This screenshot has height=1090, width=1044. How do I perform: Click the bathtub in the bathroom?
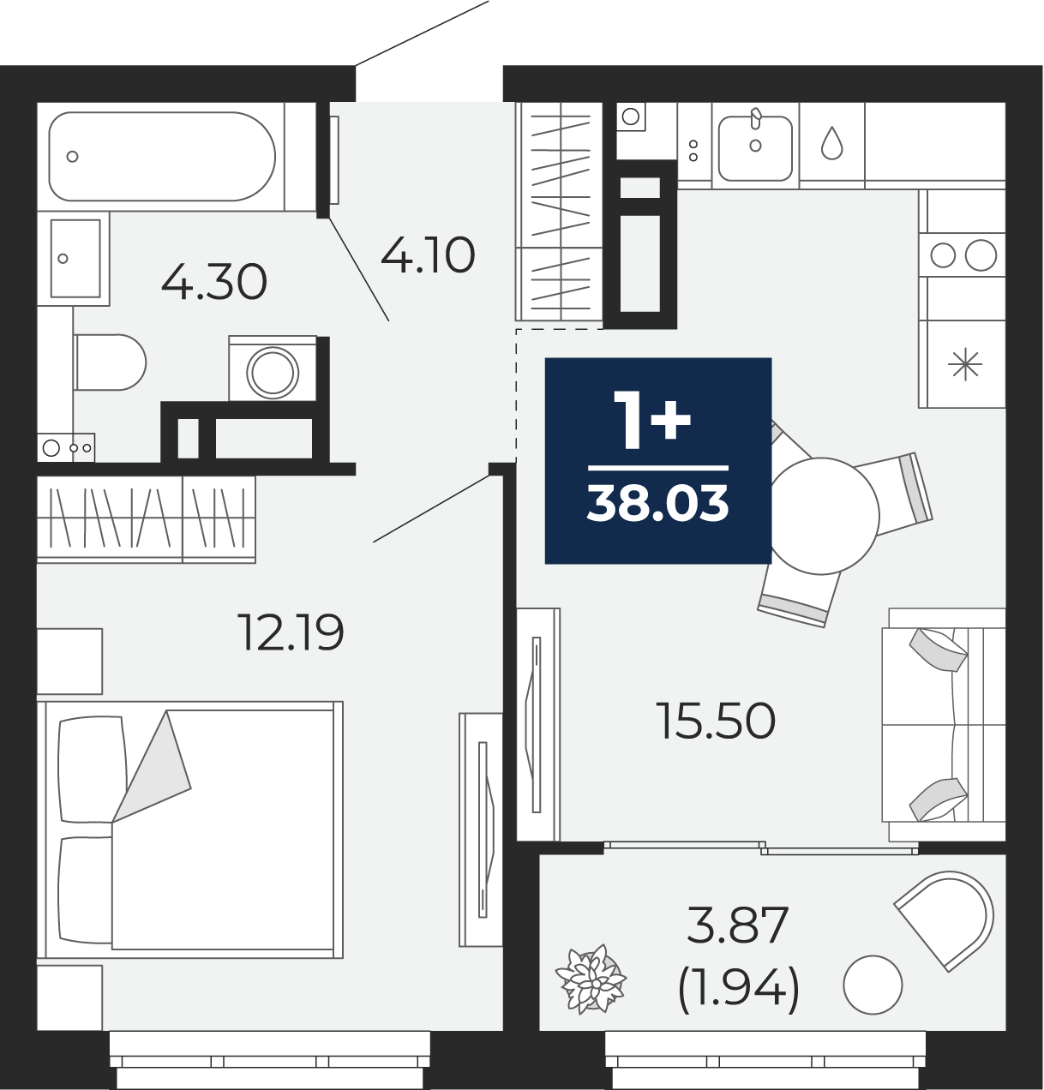(x=162, y=156)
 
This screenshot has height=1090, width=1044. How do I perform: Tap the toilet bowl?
(x=110, y=362)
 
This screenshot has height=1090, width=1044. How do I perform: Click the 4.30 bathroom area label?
(x=213, y=282)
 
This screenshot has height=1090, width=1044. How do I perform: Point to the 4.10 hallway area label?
(x=428, y=255)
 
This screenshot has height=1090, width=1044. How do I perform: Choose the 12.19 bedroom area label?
(x=291, y=632)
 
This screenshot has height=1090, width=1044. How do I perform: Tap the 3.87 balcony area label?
(x=738, y=925)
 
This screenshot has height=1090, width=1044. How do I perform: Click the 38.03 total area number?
(x=658, y=503)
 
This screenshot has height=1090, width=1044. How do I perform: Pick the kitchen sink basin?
(x=755, y=148)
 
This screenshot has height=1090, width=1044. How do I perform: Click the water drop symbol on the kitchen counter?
(x=831, y=143)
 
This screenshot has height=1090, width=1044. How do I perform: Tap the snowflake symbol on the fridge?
(x=965, y=364)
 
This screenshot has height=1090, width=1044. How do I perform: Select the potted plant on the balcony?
(x=591, y=979)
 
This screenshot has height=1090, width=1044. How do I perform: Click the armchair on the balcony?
(x=945, y=919)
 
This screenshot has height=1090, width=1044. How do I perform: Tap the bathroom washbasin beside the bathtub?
(x=75, y=258)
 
